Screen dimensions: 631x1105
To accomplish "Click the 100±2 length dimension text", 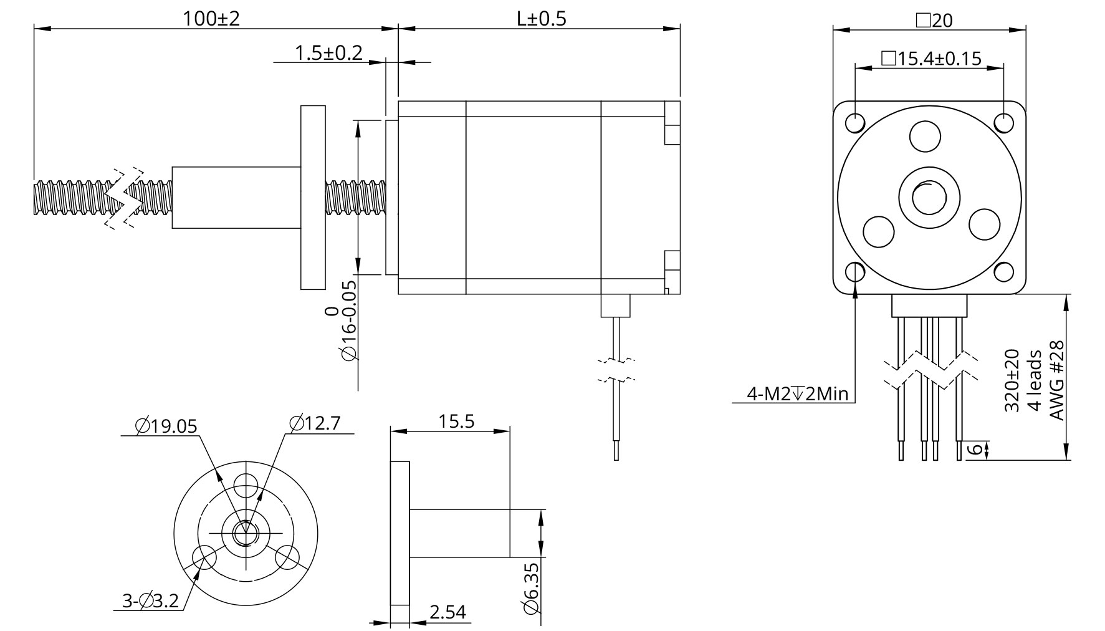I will point(211,19).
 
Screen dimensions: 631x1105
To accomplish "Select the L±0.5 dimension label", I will point(541,19).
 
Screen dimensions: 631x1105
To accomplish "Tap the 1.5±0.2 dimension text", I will point(328,53).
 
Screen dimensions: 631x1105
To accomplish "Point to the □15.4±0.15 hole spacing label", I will point(931,59).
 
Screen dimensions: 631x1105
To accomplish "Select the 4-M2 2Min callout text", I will point(797,394).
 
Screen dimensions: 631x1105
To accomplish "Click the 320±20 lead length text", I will point(1012,380).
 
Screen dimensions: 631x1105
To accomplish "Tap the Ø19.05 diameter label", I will point(166,426).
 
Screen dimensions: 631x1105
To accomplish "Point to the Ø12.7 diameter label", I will point(314,423).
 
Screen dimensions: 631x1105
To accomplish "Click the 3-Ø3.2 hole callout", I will point(150,601).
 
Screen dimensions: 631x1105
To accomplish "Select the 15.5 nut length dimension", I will point(456,421).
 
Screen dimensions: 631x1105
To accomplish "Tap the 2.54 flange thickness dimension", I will point(447,612).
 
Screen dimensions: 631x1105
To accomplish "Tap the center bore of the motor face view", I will point(929,198).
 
